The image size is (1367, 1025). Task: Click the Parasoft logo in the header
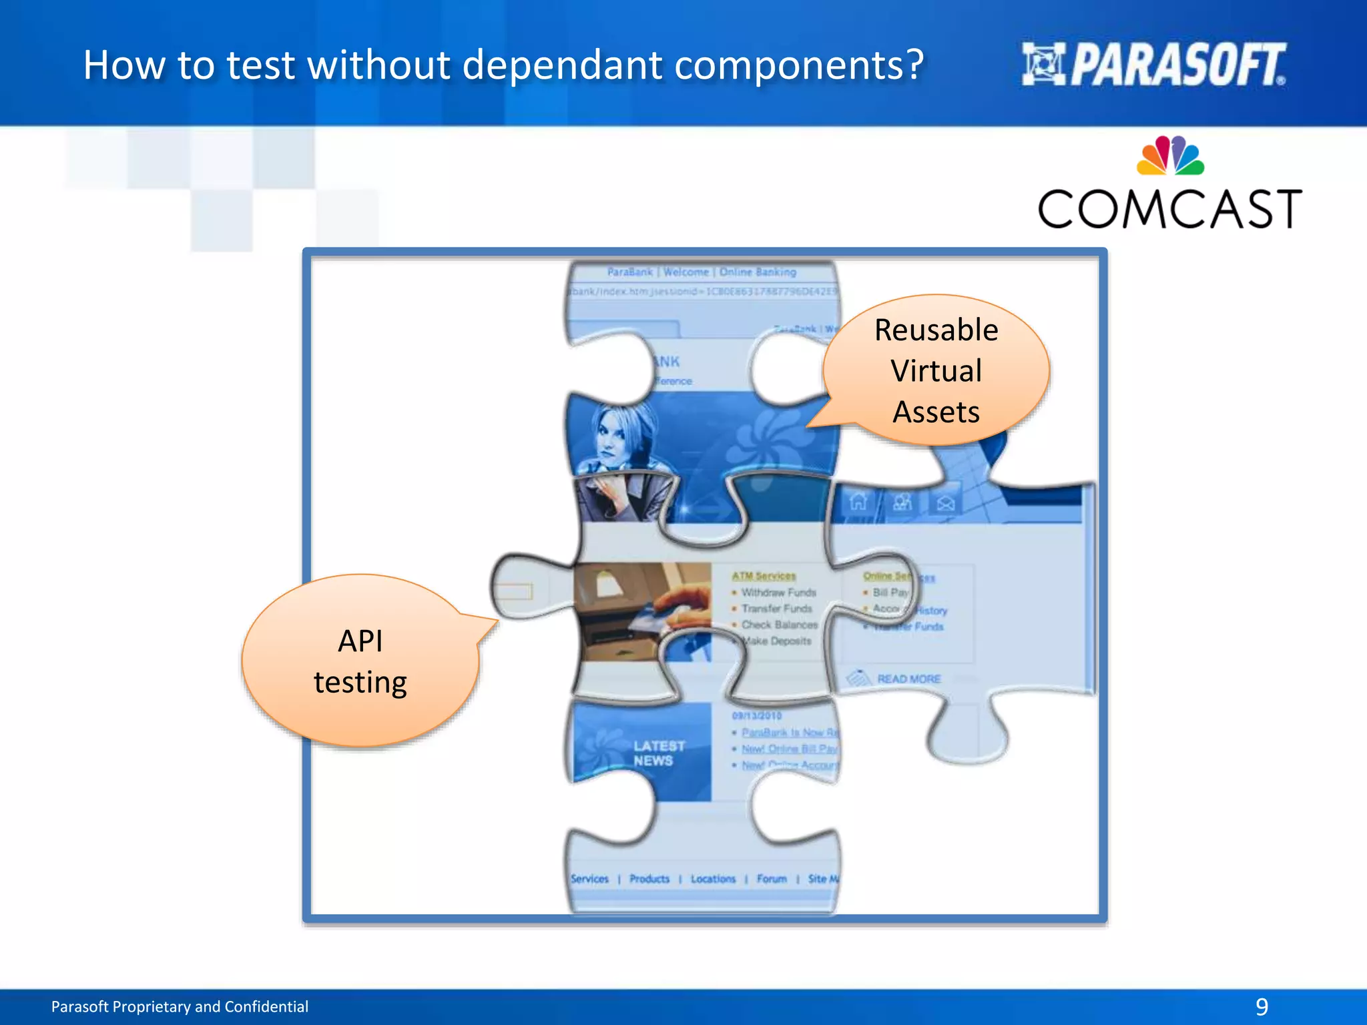point(1153,65)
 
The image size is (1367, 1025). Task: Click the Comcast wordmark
point(1169,210)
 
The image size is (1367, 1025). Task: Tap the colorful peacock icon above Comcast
point(1170,156)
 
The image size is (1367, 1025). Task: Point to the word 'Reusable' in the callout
point(936,330)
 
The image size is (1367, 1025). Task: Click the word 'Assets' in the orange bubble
point(936,412)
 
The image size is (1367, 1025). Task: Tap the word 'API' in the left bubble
point(360,641)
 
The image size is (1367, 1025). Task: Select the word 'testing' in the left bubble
point(360,683)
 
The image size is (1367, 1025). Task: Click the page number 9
point(1262,1006)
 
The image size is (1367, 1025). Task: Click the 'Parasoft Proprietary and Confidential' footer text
point(180,1006)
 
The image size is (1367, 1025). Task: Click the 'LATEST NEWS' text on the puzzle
point(658,753)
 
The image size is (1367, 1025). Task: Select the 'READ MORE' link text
point(908,679)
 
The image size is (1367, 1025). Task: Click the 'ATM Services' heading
point(764,576)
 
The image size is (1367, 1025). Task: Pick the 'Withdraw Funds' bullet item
point(778,593)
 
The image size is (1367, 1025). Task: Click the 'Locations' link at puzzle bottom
point(712,879)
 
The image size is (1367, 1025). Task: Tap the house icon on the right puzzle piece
point(858,501)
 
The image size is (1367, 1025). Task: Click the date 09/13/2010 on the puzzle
point(756,715)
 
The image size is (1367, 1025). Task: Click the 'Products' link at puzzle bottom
point(649,879)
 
